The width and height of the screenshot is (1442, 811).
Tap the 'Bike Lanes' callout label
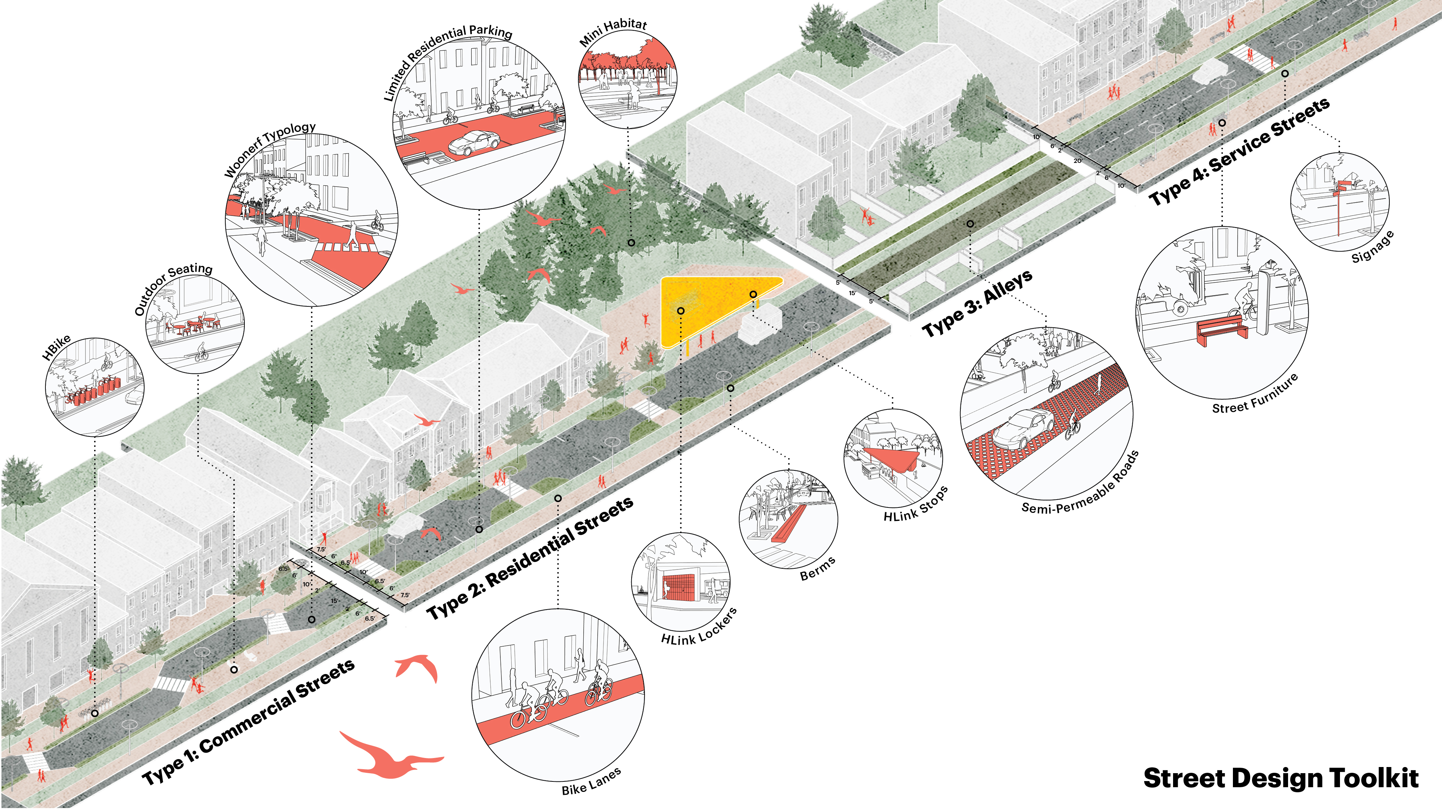(591, 782)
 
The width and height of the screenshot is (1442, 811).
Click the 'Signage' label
(1372, 247)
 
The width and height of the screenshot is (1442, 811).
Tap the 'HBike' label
(57, 347)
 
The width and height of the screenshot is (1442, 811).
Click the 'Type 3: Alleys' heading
(977, 304)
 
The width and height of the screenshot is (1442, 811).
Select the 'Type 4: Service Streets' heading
(1238, 151)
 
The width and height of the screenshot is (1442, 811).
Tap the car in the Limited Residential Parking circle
(474, 143)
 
